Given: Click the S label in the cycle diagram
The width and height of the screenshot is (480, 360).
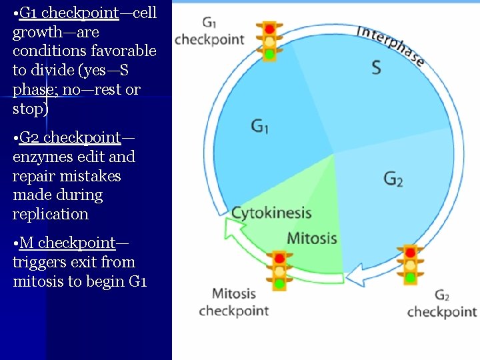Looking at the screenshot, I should [x=376, y=67].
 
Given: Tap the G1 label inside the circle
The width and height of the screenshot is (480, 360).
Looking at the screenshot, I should [x=260, y=125].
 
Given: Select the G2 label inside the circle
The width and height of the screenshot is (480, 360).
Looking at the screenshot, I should [x=393, y=179].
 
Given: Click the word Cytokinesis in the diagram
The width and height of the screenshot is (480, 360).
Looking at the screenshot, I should [x=271, y=213].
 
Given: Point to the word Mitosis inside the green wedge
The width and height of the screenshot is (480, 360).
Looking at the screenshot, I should [x=312, y=238].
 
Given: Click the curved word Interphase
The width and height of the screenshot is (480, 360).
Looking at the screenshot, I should [x=391, y=45].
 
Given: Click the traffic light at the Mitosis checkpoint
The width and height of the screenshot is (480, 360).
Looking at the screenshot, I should [x=279, y=269].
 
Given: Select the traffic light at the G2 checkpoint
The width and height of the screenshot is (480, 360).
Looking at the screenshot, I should [x=410, y=264].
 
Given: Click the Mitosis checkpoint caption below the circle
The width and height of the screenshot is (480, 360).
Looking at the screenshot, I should [x=234, y=302].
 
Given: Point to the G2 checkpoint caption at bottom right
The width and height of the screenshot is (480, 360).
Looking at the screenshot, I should [x=442, y=304].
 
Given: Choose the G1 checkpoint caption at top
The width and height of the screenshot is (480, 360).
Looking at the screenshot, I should [x=209, y=32].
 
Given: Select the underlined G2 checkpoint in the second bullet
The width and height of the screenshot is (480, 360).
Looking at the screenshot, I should [x=70, y=137].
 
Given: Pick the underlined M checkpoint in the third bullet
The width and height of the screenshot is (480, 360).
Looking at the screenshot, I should [x=67, y=243].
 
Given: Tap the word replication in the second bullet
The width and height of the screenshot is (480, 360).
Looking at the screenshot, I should [x=51, y=214].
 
